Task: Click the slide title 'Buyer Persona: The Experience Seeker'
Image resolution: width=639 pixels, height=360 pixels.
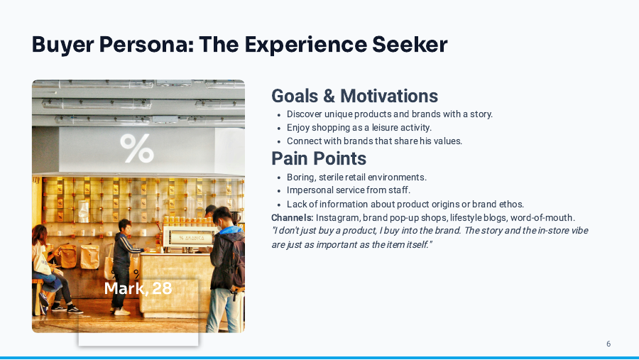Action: coord(239,45)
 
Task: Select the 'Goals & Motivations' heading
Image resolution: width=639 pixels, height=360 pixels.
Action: coord(354,96)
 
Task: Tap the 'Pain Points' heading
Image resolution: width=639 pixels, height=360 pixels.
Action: coord(319,158)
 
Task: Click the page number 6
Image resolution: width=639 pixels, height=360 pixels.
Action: coord(608,344)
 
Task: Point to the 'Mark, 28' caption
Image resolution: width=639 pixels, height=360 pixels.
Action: coord(138,288)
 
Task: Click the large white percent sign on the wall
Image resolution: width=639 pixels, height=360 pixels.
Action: coord(136,148)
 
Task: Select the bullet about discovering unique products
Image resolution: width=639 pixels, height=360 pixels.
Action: coord(389,114)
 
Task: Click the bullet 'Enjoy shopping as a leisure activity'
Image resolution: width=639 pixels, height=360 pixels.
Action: coord(359,128)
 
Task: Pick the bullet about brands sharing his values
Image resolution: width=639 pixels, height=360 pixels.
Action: coord(374,141)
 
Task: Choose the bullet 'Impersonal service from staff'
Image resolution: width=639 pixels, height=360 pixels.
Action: coord(349,190)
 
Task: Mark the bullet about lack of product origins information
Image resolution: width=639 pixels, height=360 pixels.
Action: coord(405,204)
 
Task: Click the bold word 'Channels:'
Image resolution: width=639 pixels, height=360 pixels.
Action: coord(292,217)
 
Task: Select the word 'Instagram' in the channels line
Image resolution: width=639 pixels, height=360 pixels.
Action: coord(337,217)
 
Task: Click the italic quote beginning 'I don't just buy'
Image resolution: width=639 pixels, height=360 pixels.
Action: coord(430,237)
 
